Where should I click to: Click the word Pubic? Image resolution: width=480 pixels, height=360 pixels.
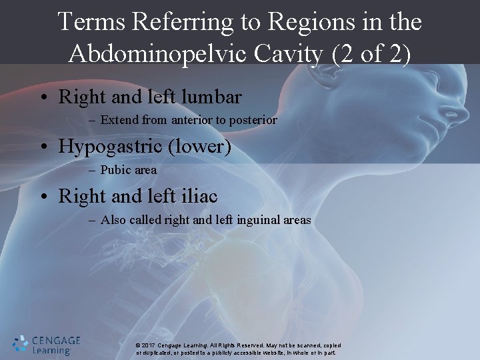coord(116,170)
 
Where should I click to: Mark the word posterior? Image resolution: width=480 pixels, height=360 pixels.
coord(255,121)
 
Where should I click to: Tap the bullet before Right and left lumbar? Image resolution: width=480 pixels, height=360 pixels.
coord(43,97)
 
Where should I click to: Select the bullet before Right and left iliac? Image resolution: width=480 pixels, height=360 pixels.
coord(43,196)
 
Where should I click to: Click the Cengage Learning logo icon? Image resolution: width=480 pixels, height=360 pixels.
coord(21,344)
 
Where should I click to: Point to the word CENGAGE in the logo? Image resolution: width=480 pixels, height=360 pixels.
coord(56,340)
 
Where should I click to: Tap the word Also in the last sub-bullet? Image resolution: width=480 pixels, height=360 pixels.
coord(112,219)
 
